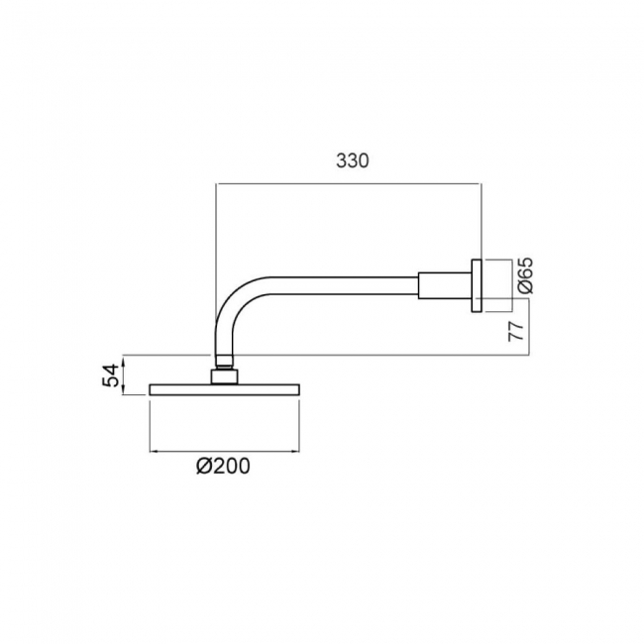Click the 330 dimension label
click(x=353, y=161)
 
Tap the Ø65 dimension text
click(x=525, y=275)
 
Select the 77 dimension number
click(x=516, y=331)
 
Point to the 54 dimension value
click(x=110, y=375)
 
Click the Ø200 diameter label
click(x=223, y=467)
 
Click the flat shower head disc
click(x=224, y=389)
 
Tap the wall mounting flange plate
click(x=477, y=286)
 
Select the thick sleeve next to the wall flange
click(x=445, y=285)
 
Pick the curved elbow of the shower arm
click(x=234, y=302)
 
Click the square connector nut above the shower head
click(x=224, y=376)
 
